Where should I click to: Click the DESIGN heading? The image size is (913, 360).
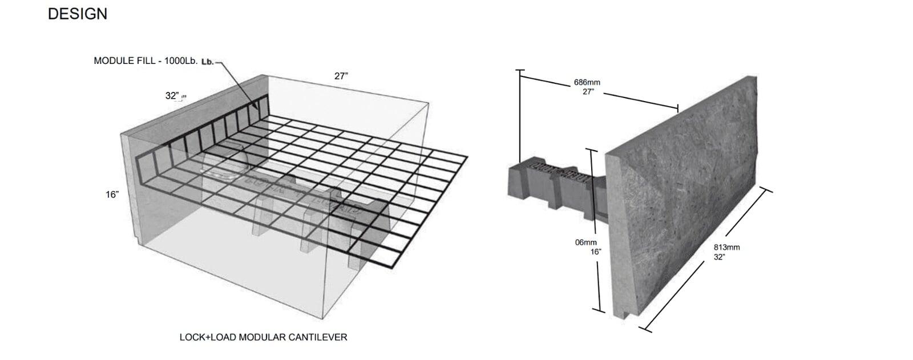[78, 14]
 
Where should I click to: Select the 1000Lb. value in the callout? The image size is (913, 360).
[181, 61]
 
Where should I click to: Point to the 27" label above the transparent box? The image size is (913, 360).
[341, 76]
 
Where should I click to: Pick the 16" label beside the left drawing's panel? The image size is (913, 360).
[112, 195]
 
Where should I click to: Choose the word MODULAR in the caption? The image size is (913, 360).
[261, 337]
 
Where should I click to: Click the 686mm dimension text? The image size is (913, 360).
[587, 83]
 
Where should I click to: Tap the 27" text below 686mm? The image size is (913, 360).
[587, 91]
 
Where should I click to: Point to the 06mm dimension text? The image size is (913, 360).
[585, 242]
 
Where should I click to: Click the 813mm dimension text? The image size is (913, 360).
[726, 248]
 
